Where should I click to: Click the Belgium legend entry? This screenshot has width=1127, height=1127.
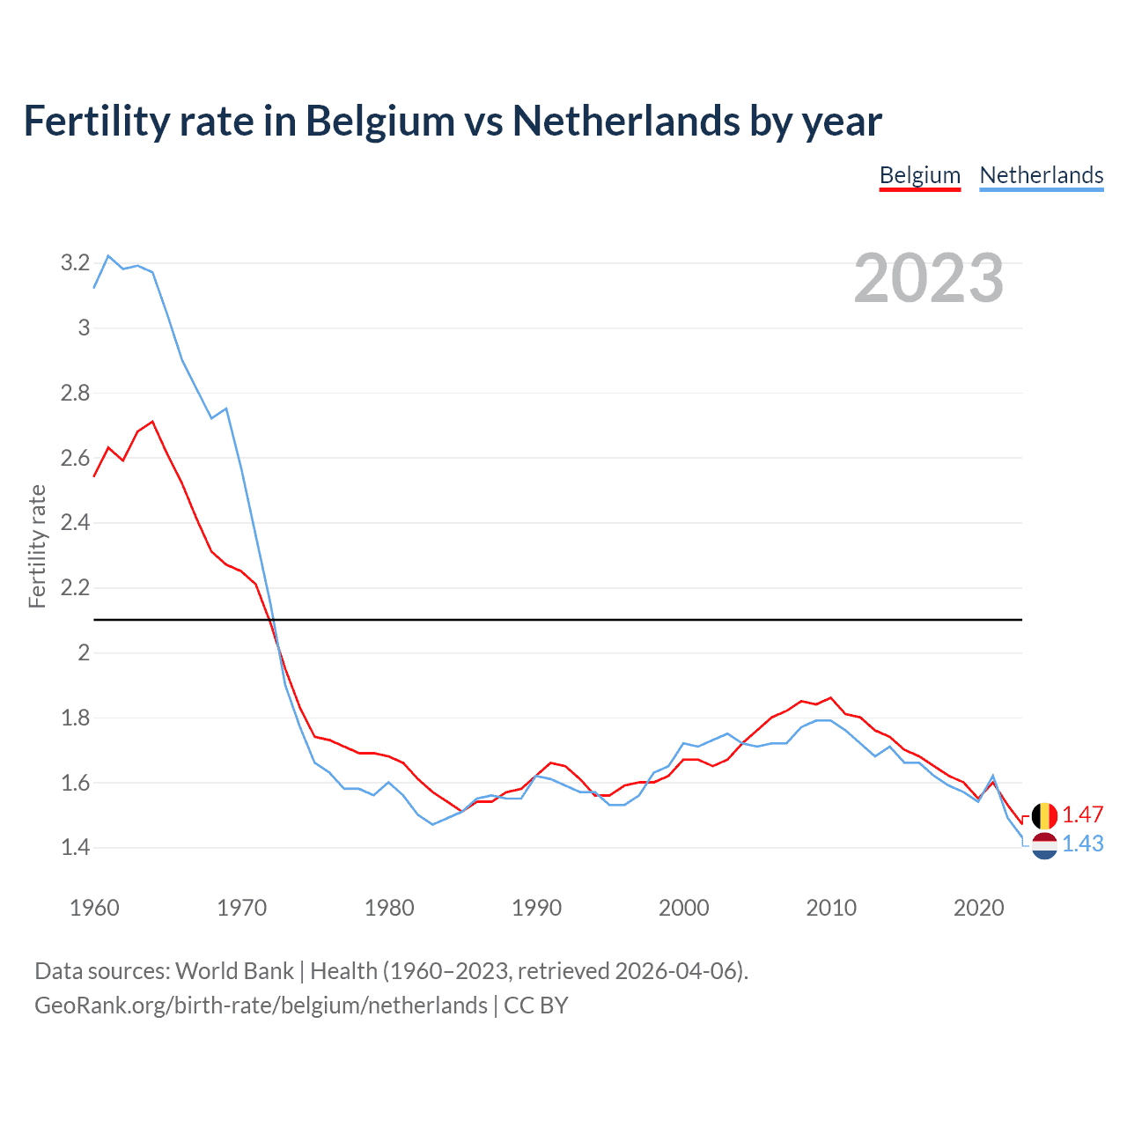[920, 175]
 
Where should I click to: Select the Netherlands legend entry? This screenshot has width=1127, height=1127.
[1042, 175]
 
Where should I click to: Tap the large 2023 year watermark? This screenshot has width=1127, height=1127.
[929, 278]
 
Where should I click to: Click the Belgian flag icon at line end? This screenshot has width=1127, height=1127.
[1044, 815]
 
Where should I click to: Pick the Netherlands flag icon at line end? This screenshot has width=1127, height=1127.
[1044, 845]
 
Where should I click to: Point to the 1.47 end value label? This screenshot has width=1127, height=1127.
[1083, 814]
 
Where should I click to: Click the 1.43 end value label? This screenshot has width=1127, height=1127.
[1083, 843]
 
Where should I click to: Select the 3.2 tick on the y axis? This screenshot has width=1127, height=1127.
[75, 262]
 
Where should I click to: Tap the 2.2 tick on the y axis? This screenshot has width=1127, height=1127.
[75, 587]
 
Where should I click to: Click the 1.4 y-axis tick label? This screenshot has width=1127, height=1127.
[75, 847]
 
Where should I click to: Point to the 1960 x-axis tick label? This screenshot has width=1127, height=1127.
[94, 908]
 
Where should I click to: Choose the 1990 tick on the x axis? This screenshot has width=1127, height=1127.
[536, 908]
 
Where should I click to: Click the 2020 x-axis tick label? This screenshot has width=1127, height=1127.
[978, 908]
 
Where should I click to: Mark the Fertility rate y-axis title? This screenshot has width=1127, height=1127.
[37, 546]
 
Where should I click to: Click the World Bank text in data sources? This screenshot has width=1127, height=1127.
[234, 971]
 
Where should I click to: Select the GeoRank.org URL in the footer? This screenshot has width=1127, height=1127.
[261, 1005]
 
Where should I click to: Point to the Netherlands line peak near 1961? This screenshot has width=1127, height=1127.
[108, 256]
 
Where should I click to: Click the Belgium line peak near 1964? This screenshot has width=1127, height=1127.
[152, 422]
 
